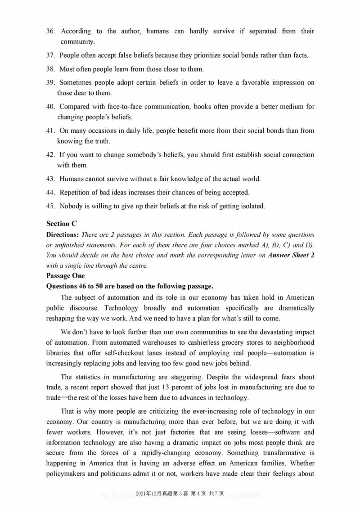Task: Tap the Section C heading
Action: click(58, 224)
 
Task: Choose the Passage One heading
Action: click(63, 276)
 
